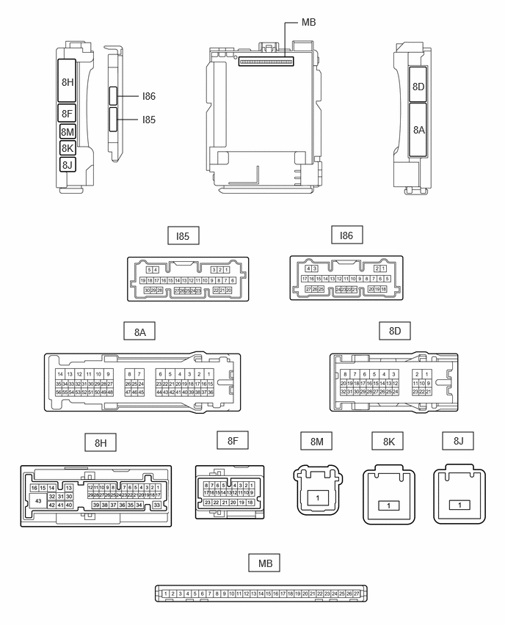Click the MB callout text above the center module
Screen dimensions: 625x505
tap(308, 23)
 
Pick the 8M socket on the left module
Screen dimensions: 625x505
tap(68, 131)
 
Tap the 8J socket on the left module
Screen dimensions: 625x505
tap(68, 164)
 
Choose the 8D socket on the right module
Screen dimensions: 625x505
tap(419, 87)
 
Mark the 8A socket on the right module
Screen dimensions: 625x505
tap(419, 129)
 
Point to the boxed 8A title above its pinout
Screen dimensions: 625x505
tap(139, 332)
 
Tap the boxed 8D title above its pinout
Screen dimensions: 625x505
tap(395, 332)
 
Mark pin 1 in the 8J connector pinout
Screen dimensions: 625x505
tap(459, 506)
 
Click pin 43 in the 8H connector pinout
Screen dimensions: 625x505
tap(37, 500)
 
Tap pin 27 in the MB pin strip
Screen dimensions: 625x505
tap(357, 593)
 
